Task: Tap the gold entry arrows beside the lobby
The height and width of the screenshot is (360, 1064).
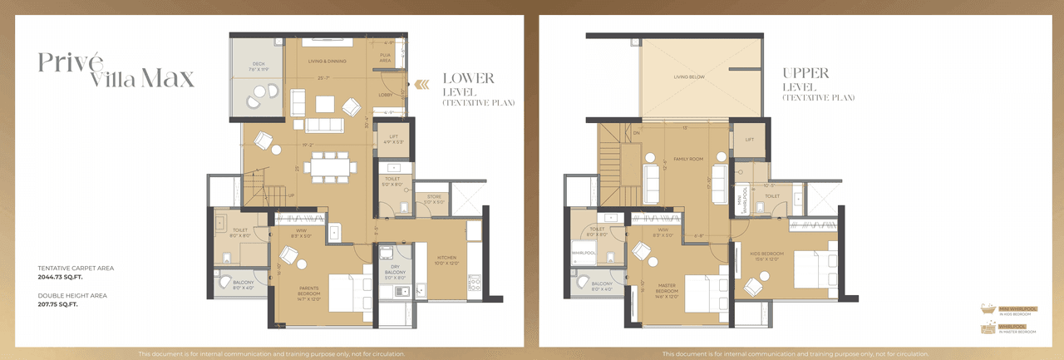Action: [x=422, y=83]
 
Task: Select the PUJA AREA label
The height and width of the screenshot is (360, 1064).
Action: [x=385, y=58]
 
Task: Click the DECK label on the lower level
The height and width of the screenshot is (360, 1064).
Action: [x=259, y=66]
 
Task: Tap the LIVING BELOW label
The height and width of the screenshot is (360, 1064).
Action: [x=689, y=77]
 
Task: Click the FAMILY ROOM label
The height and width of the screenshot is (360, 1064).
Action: [x=688, y=159]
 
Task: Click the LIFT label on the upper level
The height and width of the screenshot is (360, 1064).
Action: [x=749, y=140]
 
